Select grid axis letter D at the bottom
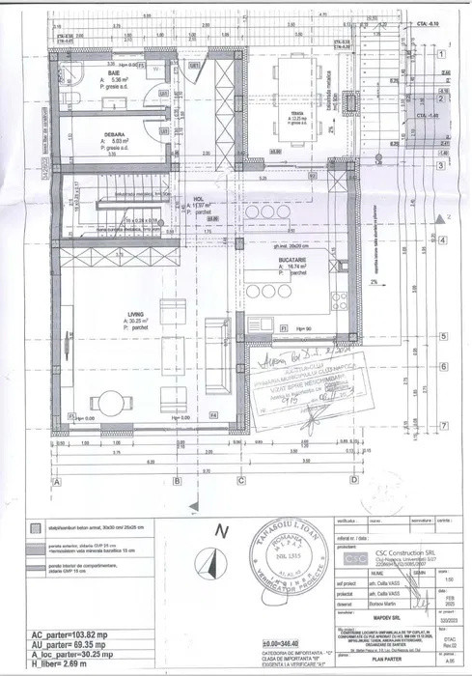[355, 480]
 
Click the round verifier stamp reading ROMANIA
[302, 561]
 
